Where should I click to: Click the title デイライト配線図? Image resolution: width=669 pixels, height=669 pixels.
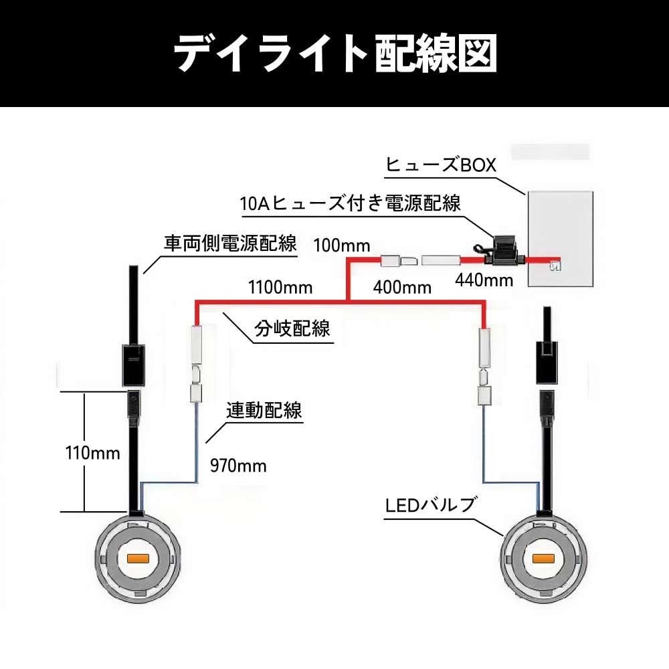334,53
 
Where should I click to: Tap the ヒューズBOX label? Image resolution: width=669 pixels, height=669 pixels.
441,165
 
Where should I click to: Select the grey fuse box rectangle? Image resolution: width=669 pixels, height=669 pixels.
561,238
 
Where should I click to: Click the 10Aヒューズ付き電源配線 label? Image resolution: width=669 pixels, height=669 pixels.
351,203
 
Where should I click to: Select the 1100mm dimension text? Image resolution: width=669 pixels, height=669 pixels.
280,288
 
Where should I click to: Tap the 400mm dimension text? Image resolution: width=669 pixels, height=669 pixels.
401,288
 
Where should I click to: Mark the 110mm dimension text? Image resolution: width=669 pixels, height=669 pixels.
93,453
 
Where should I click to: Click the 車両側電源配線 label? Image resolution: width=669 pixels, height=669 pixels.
230,244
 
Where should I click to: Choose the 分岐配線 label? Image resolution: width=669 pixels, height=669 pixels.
292,329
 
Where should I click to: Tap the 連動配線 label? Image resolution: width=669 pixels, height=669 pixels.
264,410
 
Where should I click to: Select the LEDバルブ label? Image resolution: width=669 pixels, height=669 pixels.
429,505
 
